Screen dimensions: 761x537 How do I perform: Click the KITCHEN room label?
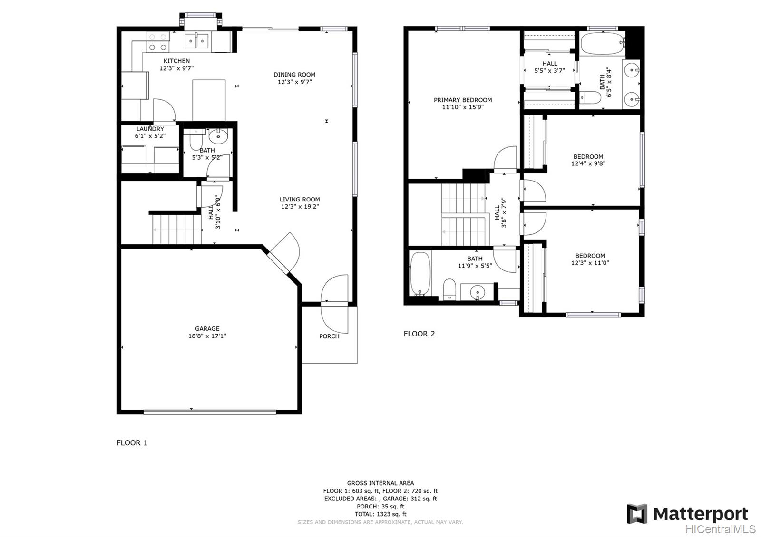click(176, 61)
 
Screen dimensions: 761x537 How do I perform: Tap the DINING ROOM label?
click(294, 75)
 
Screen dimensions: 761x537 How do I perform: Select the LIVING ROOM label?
click(300, 200)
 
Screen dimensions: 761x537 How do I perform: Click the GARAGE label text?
click(207, 328)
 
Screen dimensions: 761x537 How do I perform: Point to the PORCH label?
click(329, 336)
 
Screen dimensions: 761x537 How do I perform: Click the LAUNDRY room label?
click(150, 129)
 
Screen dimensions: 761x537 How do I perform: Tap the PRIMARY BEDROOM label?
click(463, 100)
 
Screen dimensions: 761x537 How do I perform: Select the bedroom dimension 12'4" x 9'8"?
click(588, 163)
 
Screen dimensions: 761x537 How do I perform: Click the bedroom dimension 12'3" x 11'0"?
click(590, 263)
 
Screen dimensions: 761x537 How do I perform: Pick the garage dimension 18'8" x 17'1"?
click(207, 336)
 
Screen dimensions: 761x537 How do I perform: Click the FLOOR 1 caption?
click(132, 443)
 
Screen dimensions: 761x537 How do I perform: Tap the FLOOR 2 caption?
click(419, 334)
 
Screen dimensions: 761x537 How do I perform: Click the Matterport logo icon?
click(637, 514)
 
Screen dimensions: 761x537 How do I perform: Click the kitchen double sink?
click(197, 41)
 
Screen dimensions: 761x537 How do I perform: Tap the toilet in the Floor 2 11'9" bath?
click(449, 289)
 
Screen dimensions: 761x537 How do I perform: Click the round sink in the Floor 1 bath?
click(218, 137)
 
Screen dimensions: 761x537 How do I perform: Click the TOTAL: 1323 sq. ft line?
click(380, 514)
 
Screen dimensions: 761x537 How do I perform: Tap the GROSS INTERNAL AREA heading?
click(380, 483)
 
